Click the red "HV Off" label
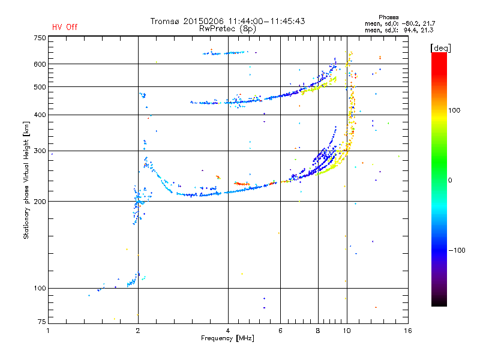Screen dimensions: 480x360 point(65,27)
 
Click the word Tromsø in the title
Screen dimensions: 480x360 point(164,21)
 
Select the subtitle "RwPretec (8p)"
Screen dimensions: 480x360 point(227,29)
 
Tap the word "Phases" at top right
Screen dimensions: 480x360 point(388,17)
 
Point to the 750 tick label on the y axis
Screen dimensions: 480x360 point(40,38)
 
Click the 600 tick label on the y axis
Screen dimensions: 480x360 point(40,64)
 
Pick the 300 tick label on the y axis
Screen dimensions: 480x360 point(40,151)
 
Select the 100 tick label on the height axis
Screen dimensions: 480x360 point(40,289)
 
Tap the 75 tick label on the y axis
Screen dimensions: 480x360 point(42,322)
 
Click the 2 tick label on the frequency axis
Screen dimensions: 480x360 point(138,331)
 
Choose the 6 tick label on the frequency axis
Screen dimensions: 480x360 point(280,331)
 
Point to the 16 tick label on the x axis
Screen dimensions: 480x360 point(408,331)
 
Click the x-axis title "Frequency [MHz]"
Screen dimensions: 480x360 point(227,338)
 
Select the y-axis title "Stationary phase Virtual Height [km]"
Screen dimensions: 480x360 point(26,180)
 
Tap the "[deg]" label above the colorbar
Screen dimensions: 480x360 point(440,48)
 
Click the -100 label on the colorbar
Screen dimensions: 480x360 point(457,250)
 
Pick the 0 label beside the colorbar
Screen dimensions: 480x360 point(450,181)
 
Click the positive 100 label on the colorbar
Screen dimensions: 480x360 point(454,110)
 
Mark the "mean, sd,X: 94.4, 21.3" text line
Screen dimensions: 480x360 point(399,30)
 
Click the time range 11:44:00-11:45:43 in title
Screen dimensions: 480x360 point(266,21)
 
